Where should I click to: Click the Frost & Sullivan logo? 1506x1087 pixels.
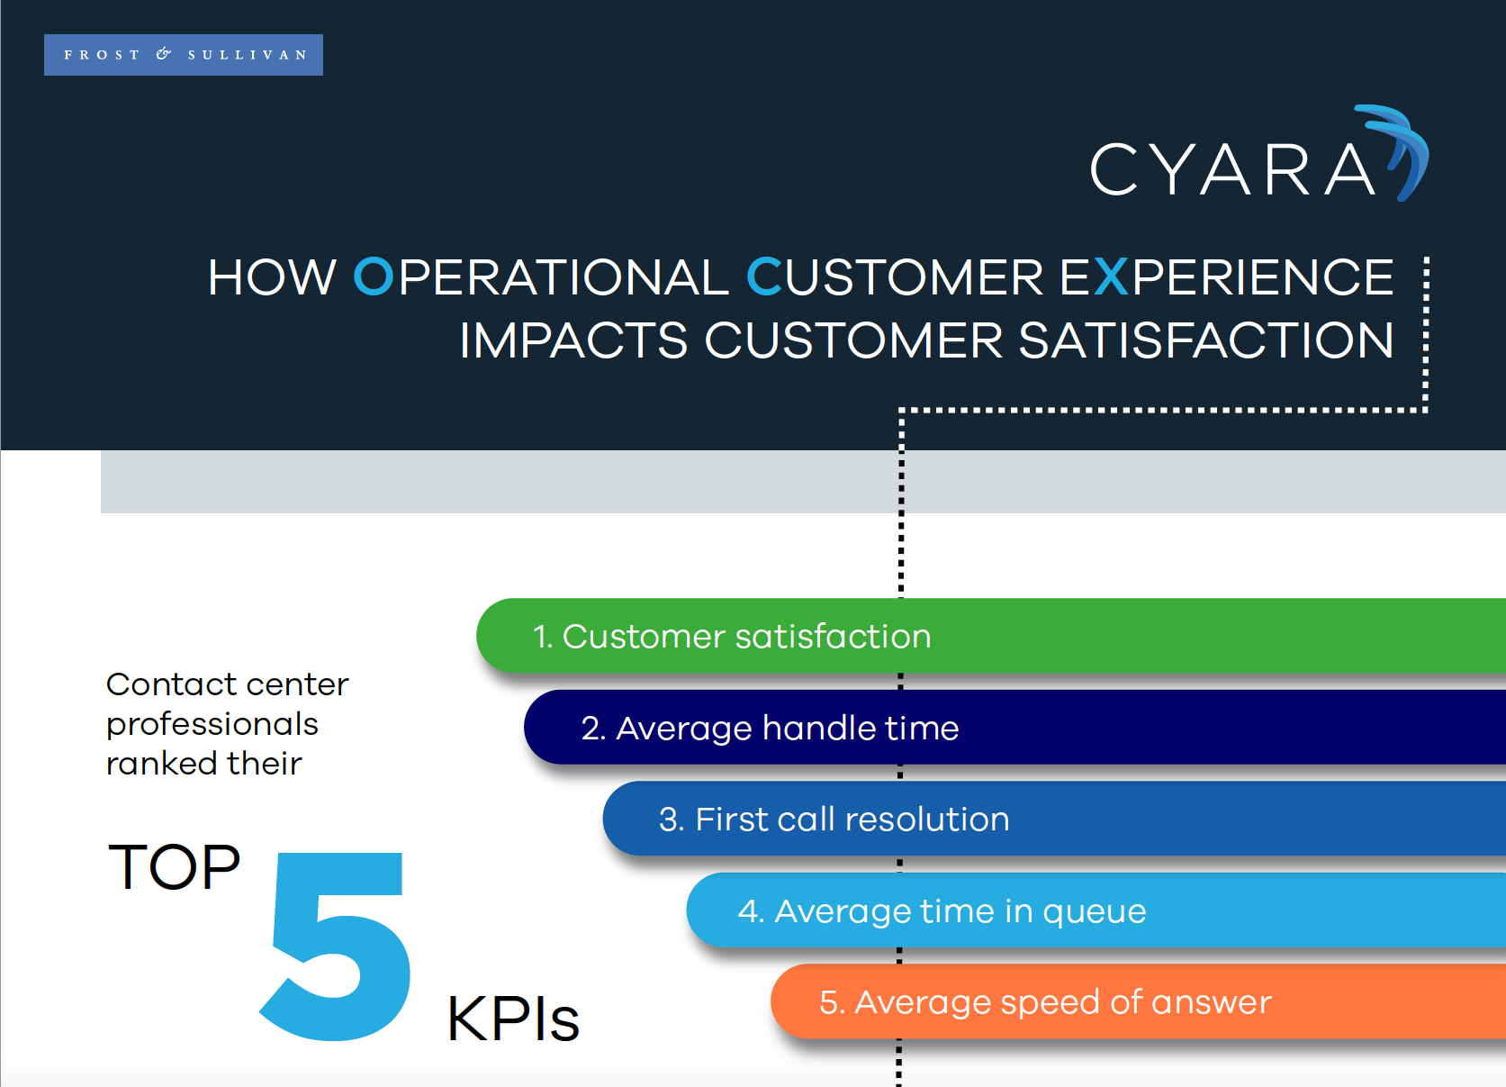[184, 55]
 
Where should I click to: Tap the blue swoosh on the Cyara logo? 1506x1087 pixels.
[1404, 149]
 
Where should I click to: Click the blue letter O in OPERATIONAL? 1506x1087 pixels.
[373, 277]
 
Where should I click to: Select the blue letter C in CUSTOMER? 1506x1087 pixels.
[764, 277]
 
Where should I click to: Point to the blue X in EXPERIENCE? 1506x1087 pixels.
[1111, 277]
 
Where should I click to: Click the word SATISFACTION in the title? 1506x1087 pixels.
[1205, 340]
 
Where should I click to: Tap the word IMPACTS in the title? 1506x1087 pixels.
[573, 340]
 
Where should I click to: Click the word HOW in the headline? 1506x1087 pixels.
[272, 277]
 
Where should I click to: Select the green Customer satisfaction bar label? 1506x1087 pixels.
[731, 637]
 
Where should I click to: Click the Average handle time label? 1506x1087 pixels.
[770, 728]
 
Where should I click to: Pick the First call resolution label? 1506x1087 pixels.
[834, 820]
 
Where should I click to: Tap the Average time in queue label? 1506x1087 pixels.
[942, 911]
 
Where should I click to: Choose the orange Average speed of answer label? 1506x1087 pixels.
[1045, 1002]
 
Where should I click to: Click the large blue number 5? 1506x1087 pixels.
[338, 946]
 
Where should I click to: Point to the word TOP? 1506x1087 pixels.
[174, 867]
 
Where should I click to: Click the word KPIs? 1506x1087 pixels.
[512, 1019]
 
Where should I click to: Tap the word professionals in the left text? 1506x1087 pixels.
[212, 724]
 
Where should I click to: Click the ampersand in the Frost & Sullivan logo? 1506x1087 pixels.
[163, 54]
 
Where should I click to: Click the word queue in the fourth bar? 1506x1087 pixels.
[1094, 912]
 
